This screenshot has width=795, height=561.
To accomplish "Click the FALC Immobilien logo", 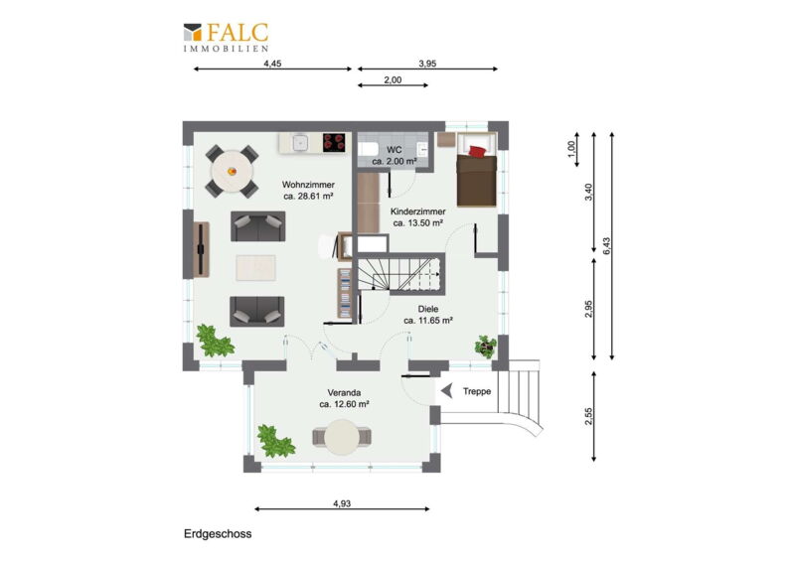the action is pyautogui.click(x=227, y=37).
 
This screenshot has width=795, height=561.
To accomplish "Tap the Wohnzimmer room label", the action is pyautogui.click(x=308, y=191).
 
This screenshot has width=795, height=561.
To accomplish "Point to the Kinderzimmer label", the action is pyautogui.click(x=418, y=216).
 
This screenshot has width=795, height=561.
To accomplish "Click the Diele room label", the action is pyautogui.click(x=428, y=314).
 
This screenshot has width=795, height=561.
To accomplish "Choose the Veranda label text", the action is pyautogui.click(x=344, y=398).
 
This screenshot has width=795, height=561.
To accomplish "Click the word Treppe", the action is pyautogui.click(x=477, y=391).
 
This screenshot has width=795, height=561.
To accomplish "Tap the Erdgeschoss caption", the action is pyautogui.click(x=218, y=533).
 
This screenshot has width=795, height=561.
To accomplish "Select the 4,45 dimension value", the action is pyautogui.click(x=272, y=64).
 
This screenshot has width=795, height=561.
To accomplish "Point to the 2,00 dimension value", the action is pyautogui.click(x=393, y=79).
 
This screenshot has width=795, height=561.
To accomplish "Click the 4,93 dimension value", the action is pyautogui.click(x=342, y=503).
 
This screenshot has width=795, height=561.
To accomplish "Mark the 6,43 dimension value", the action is pyautogui.click(x=607, y=246).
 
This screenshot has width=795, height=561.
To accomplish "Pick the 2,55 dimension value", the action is pyautogui.click(x=588, y=417).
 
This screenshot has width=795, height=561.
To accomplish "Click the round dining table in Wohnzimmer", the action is pyautogui.click(x=233, y=171).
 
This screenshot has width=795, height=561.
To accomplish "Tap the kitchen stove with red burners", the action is pyautogui.click(x=334, y=142).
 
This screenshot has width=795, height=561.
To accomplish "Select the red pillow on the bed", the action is pyautogui.click(x=477, y=151).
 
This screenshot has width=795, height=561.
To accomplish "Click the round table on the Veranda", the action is pyautogui.click(x=342, y=437).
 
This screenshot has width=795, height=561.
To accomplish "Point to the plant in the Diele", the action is pyautogui.click(x=486, y=347).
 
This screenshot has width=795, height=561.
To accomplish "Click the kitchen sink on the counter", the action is pyautogui.click(x=300, y=143).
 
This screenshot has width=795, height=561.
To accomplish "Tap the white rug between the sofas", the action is pyautogui.click(x=256, y=267).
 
